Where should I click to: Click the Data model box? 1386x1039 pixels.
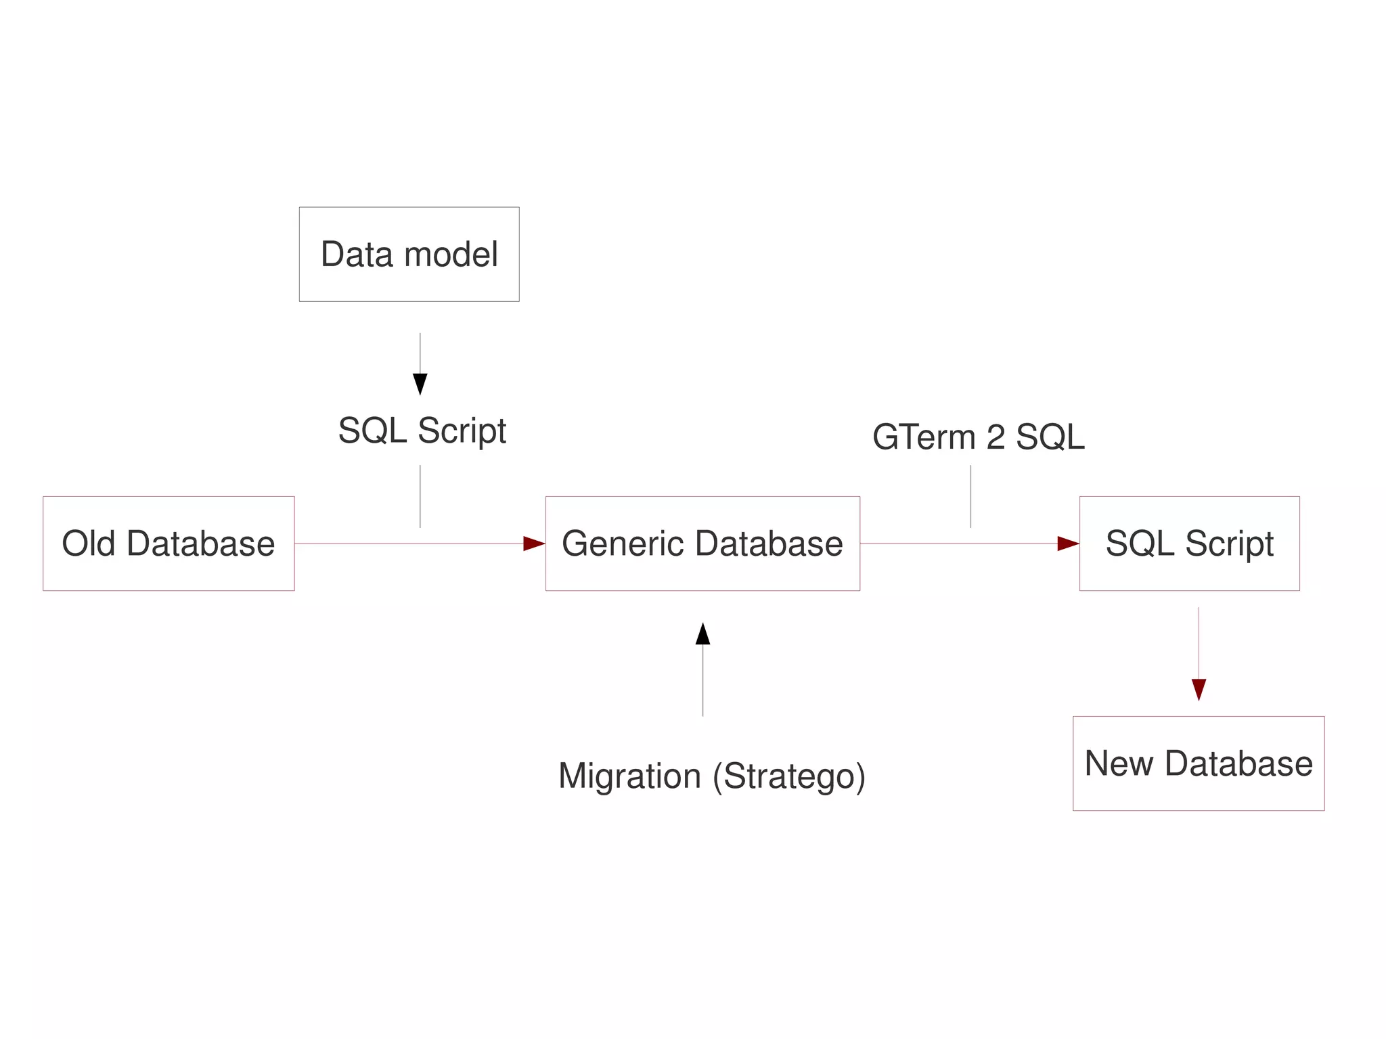(x=409, y=254)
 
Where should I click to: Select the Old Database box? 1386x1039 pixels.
(x=169, y=543)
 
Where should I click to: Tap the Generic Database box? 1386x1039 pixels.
(x=702, y=543)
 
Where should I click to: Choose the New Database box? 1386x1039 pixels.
(x=1198, y=763)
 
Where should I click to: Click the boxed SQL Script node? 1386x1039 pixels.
(x=1189, y=543)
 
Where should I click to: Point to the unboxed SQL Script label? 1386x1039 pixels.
(x=422, y=430)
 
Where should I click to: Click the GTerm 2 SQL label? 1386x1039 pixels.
(x=978, y=437)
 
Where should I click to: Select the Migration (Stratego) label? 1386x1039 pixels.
(x=711, y=776)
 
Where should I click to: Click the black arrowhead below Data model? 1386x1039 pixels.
(x=420, y=383)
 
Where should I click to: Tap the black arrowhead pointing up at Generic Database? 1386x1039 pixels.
(x=702, y=634)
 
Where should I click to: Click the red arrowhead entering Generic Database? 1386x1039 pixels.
(x=533, y=543)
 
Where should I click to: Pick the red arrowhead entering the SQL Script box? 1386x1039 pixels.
(x=1067, y=543)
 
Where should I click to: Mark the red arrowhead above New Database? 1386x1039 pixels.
(x=1199, y=689)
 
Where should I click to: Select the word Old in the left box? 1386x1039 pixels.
(x=88, y=543)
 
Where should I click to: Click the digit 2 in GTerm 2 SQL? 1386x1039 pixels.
(x=995, y=437)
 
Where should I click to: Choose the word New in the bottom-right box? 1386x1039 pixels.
(x=1119, y=763)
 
